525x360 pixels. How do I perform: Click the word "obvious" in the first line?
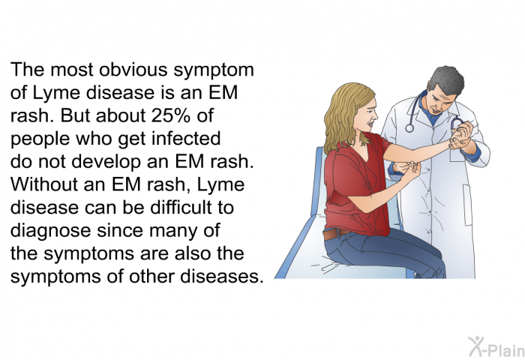(133, 70)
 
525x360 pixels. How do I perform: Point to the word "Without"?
(43, 184)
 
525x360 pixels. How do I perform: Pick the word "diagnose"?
(50, 232)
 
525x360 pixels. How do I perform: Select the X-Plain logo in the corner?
(496, 347)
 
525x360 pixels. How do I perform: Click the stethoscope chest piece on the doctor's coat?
(409, 128)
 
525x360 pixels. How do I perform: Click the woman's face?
(369, 115)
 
